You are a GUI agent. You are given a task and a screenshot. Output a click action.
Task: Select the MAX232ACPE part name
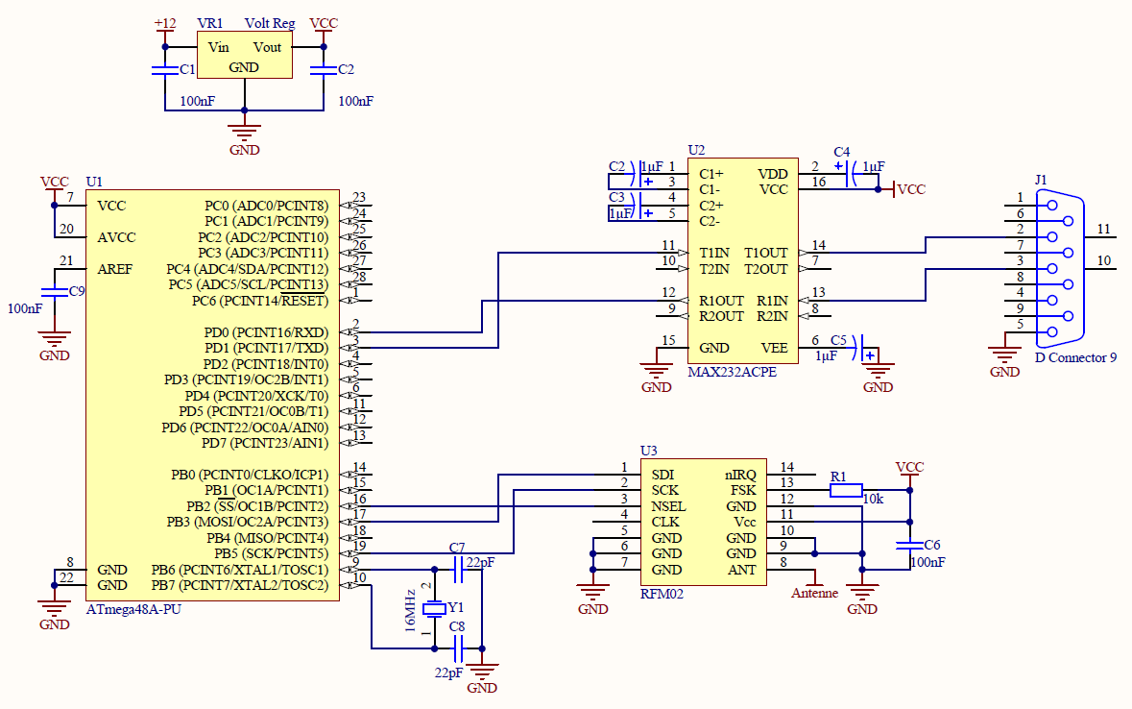(x=733, y=372)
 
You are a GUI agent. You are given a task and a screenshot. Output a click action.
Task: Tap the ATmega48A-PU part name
(x=134, y=609)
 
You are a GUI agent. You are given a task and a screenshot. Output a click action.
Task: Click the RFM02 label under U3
(x=662, y=595)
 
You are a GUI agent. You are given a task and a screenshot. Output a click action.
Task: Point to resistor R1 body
(x=846, y=491)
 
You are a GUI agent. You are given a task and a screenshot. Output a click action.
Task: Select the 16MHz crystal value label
(x=411, y=611)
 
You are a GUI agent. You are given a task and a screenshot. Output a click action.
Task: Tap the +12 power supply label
(x=164, y=23)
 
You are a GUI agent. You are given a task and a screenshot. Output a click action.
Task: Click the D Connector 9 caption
(x=1075, y=357)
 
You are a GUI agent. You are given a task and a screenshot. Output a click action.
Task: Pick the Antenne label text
(x=814, y=594)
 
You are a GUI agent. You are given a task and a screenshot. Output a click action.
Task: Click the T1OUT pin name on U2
(x=765, y=253)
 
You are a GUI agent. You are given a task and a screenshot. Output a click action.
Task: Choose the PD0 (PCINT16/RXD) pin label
(x=265, y=331)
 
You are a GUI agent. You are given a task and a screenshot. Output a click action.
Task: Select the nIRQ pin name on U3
(x=740, y=475)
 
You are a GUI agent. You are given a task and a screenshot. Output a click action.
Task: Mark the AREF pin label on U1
(x=116, y=269)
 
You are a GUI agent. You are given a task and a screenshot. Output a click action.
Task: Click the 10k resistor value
(x=873, y=500)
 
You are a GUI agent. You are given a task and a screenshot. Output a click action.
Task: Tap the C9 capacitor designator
(x=77, y=290)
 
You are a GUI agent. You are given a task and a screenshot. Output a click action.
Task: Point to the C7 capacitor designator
(x=457, y=548)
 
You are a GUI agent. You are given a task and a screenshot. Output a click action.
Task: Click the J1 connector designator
(x=1042, y=180)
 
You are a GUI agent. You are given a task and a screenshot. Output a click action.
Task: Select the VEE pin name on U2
(x=774, y=348)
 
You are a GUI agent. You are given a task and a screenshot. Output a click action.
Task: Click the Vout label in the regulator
(x=267, y=47)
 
